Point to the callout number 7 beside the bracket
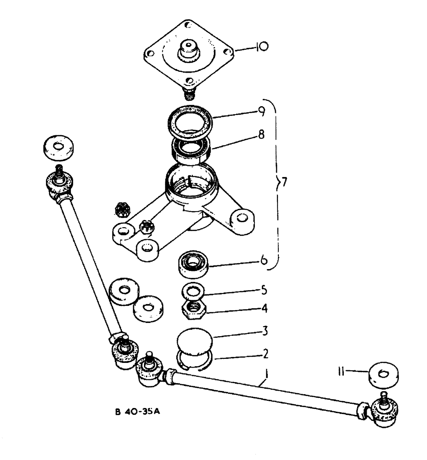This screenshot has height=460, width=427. pyautogui.click(x=284, y=183)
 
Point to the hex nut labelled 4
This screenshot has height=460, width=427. pyautogui.click(x=194, y=309)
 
